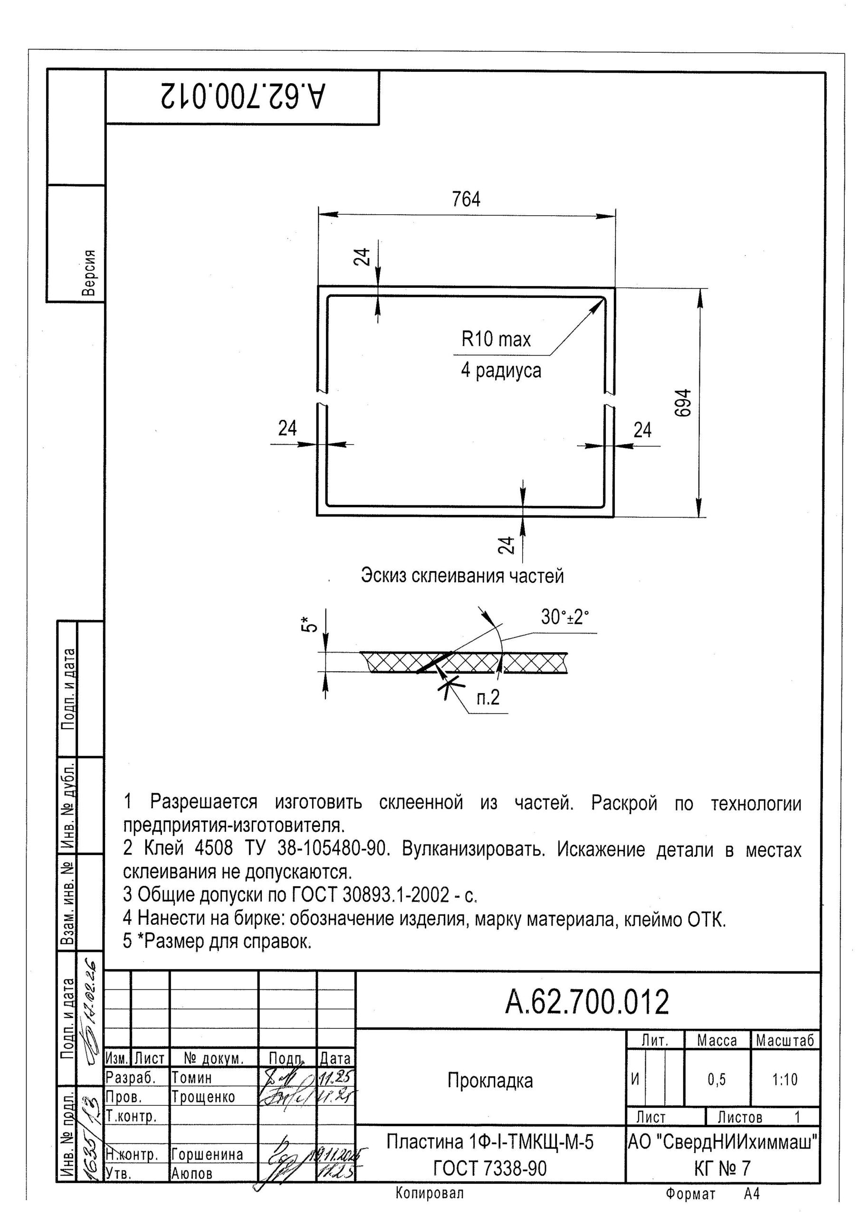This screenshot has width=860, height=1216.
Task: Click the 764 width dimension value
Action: tap(466, 199)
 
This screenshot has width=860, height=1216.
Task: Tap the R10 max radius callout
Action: tap(496, 340)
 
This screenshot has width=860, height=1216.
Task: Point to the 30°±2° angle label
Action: tap(565, 617)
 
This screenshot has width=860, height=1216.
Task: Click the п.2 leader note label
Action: tap(488, 697)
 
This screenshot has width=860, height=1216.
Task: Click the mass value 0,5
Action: tap(717, 1079)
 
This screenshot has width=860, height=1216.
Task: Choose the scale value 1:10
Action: tap(785, 1079)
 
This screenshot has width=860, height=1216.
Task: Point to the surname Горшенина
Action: tap(207, 1154)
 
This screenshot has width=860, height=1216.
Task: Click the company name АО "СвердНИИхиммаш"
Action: tap(723, 1142)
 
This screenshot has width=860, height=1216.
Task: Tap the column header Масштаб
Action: tap(785, 1041)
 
